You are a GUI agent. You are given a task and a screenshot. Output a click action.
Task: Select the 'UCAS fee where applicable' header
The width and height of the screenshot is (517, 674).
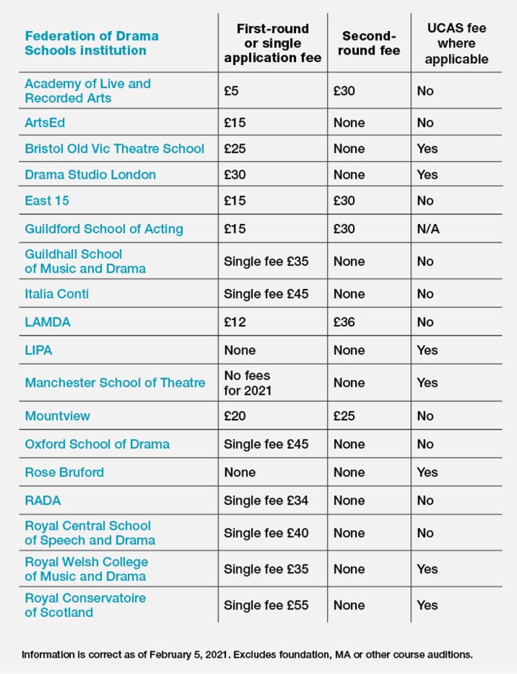pos(456,43)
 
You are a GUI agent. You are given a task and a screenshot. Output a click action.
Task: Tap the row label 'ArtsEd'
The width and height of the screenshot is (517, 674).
pos(45,123)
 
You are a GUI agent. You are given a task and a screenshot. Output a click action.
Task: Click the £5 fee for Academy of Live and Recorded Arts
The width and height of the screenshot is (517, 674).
pos(231,91)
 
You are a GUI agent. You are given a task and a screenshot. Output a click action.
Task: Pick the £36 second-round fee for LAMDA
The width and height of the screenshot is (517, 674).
pos(344,322)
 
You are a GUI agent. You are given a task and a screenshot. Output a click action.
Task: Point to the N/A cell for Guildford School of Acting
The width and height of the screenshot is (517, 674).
pos(428,229)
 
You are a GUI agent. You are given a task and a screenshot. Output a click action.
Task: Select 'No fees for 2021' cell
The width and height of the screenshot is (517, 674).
pos(248,383)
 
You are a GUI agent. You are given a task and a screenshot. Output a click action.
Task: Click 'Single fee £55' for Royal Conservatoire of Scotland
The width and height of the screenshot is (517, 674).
pos(266,605)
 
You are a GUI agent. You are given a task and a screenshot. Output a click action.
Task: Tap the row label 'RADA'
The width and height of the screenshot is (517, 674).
pos(43,500)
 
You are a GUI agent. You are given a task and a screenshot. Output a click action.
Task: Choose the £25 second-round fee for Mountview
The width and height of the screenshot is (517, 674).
pos(344,416)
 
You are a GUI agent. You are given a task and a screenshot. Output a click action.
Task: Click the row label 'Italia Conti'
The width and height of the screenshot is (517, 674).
pos(57,293)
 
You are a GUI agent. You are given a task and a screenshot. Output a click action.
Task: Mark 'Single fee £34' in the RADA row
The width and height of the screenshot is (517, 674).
pos(266,500)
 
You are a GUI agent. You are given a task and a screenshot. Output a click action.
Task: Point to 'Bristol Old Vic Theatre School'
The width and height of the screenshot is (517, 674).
pos(114,149)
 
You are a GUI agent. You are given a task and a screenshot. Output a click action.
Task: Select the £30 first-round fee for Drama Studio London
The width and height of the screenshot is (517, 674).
pos(235,174)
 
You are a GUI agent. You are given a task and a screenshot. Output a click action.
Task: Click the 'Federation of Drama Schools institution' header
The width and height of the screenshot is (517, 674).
pos(92,43)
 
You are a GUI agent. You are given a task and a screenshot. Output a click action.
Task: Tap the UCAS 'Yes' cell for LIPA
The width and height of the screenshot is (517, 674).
pos(427,350)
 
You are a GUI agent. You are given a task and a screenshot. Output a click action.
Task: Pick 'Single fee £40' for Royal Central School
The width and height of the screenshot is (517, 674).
pos(266,533)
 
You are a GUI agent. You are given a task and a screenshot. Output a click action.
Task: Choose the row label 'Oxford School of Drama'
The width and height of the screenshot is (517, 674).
pos(97,444)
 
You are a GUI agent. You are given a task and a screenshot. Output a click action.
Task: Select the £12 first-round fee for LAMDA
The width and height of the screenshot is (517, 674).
pos(235,322)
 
